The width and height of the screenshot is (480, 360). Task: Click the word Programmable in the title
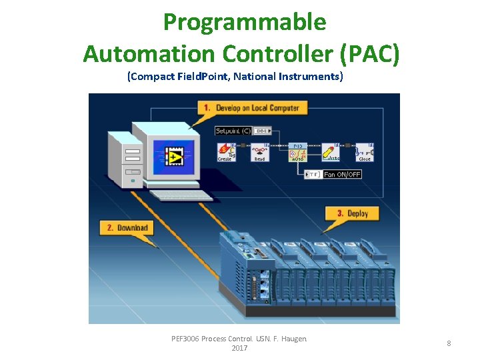[245, 22]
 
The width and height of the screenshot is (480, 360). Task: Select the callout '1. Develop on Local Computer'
[251, 107]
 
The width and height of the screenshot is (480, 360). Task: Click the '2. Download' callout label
[127, 228]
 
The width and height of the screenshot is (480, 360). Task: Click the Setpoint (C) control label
[233, 131]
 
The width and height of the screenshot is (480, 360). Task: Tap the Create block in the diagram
[227, 152]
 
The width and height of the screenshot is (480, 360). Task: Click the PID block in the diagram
[297, 152]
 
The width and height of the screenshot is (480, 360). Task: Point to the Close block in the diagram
[364, 152]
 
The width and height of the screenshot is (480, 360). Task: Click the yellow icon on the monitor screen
[175, 158]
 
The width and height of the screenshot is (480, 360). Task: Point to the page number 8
[449, 343]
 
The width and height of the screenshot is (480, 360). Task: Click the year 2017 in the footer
[239, 348]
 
